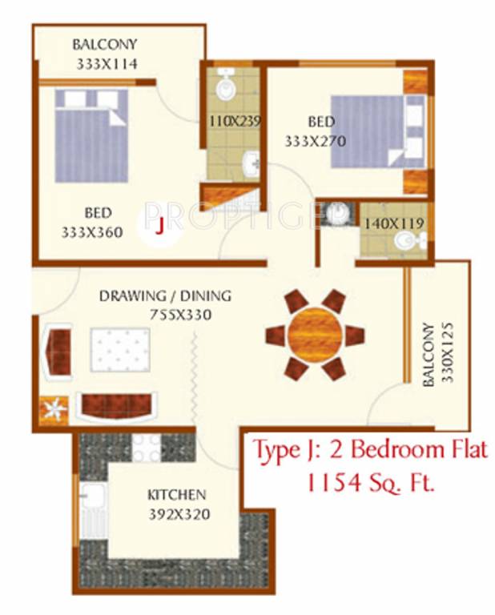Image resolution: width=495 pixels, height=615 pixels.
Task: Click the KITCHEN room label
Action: tap(176, 495)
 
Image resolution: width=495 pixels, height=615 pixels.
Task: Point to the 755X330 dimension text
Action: tap(179, 315)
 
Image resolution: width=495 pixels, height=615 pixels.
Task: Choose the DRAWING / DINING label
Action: tap(165, 296)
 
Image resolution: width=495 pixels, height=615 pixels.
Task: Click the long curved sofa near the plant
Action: tap(118, 406)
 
